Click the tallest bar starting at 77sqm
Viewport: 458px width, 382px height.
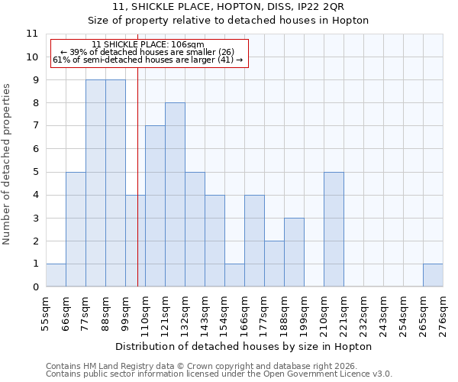click(95, 183)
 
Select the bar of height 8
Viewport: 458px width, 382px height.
click(175, 195)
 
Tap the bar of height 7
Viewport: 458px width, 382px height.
click(155, 206)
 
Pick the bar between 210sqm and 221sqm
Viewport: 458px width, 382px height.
click(334, 229)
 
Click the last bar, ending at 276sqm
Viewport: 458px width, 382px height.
click(433, 275)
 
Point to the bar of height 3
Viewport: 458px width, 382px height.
click(294, 252)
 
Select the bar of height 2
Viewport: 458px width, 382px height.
click(274, 264)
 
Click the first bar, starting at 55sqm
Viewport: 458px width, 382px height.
click(56, 275)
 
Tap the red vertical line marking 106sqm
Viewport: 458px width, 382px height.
click(137, 191)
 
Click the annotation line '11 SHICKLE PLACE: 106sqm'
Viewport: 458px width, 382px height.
click(147, 44)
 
